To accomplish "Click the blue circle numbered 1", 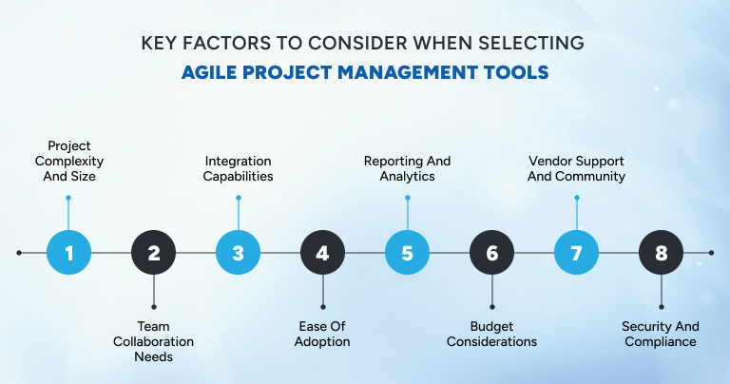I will (x=69, y=253).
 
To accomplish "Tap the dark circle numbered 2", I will (x=154, y=253).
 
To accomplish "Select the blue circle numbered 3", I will (x=239, y=253).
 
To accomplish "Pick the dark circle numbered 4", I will (x=323, y=253).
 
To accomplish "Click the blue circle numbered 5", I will (x=408, y=253).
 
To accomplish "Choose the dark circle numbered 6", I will (x=492, y=253).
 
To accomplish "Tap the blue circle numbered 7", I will (x=577, y=253).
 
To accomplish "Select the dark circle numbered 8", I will (x=662, y=253).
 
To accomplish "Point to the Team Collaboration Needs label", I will (x=153, y=341).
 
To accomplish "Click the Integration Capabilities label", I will (x=238, y=168).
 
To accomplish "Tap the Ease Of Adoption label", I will (x=323, y=334).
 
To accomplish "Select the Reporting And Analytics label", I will (x=408, y=168).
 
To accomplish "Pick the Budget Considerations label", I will (x=491, y=334).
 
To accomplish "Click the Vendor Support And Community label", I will (x=576, y=168).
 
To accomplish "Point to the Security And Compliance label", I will (x=661, y=334).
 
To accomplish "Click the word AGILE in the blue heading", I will (x=218, y=71).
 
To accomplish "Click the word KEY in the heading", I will (x=161, y=44).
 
